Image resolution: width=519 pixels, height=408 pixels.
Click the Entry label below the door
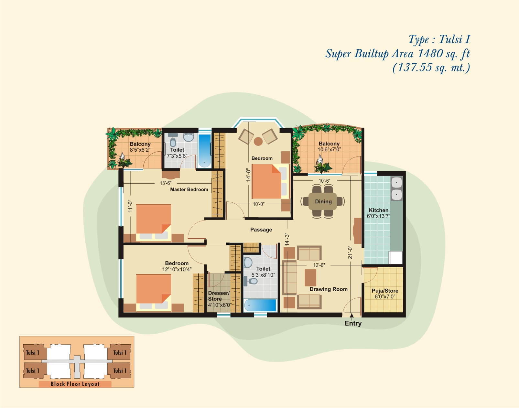pyautogui.click(x=353, y=323)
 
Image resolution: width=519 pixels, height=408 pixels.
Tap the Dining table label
pyautogui.click(x=323, y=201)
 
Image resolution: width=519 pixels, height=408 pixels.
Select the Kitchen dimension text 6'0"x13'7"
pyautogui.click(x=378, y=216)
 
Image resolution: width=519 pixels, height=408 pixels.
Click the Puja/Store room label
pyautogui.click(x=385, y=291)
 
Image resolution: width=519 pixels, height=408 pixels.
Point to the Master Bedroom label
pyautogui.click(x=189, y=189)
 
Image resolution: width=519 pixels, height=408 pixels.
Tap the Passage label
pyautogui.click(x=261, y=230)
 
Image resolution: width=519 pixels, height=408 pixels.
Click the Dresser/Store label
pyautogui.click(x=219, y=296)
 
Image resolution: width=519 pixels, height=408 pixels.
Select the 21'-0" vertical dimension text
pyautogui.click(x=350, y=252)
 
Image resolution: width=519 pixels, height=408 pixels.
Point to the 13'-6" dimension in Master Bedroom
pyautogui.click(x=166, y=183)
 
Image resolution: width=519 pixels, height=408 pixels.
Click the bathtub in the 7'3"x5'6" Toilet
pyautogui.click(x=204, y=151)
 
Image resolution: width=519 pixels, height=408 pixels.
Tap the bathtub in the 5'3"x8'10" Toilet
pyautogui.click(x=260, y=306)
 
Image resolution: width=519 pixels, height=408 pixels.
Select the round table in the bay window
pyautogui.click(x=258, y=141)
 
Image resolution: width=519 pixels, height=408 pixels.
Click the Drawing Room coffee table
pyautogui.click(x=310, y=278)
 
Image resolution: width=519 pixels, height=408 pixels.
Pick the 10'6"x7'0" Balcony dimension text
pyautogui.click(x=329, y=149)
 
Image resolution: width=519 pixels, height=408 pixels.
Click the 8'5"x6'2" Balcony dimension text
pyautogui.click(x=140, y=150)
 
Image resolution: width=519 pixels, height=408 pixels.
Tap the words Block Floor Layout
pyautogui.click(x=75, y=384)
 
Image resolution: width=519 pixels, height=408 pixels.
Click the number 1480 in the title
pyautogui.click(x=430, y=53)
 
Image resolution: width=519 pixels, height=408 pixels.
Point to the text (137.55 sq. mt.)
pyautogui.click(x=431, y=68)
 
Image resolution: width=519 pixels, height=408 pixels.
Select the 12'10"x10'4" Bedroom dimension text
pyautogui.click(x=177, y=269)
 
